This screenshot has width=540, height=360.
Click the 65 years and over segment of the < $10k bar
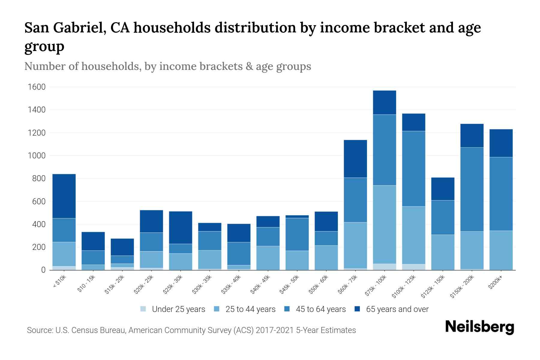pyautogui.click(x=64, y=196)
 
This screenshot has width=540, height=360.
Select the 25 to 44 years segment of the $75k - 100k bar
pyautogui.click(x=384, y=224)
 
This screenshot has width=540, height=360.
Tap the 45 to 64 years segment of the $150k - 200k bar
pyautogui.click(x=472, y=189)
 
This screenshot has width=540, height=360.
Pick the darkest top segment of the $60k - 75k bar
pyautogui.click(x=355, y=159)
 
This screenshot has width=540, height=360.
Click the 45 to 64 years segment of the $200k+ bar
pyautogui.click(x=501, y=194)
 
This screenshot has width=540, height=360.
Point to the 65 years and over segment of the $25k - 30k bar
pyautogui.click(x=181, y=227)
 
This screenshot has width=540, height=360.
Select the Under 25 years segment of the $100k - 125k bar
pyautogui.click(x=414, y=267)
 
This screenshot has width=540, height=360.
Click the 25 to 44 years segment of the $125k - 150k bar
pyautogui.click(x=443, y=252)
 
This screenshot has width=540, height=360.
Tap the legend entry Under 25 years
pyautogui.click(x=178, y=309)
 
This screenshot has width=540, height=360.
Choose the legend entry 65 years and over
pyautogui.click(x=397, y=309)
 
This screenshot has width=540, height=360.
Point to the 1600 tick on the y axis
pyautogui.click(x=37, y=87)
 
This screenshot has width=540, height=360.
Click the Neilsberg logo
pyautogui.click(x=479, y=327)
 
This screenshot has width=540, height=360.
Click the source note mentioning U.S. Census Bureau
pyautogui.click(x=191, y=330)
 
